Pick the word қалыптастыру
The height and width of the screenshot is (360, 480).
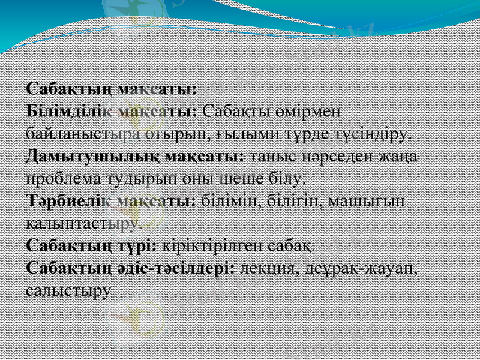click(84, 224)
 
